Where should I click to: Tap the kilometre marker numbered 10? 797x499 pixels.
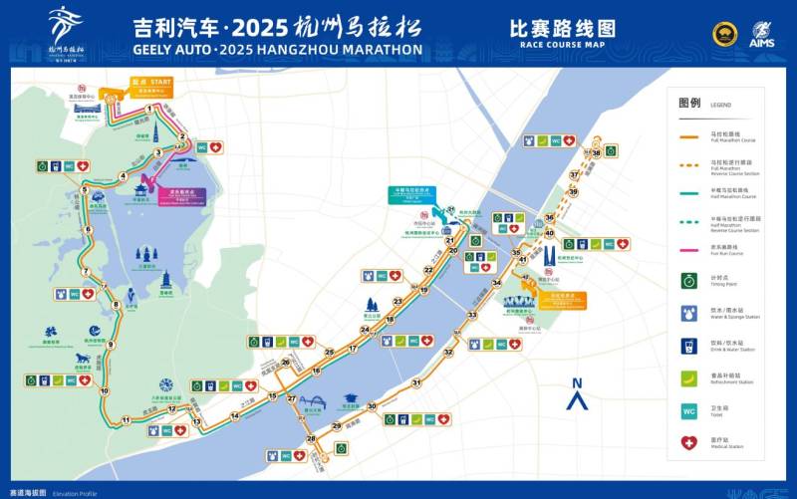[104, 390]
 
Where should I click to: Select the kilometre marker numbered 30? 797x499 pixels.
[372, 406]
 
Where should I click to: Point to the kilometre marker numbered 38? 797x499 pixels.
[596, 153]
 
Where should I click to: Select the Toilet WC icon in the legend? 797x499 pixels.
[688, 410]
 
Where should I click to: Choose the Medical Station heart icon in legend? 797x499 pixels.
[688, 443]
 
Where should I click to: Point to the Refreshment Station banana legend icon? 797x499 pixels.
[688, 377]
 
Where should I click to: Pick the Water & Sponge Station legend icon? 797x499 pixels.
[688, 313]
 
